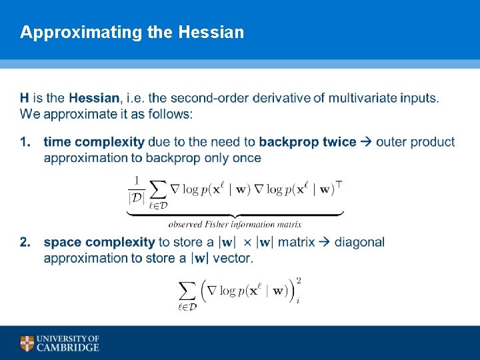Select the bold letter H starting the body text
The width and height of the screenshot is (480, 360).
[x=25, y=98]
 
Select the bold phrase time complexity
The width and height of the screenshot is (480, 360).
[x=93, y=142]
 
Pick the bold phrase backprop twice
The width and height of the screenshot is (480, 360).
[x=307, y=142]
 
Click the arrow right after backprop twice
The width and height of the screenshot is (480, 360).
[x=366, y=142]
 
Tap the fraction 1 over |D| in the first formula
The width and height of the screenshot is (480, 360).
[x=136, y=189]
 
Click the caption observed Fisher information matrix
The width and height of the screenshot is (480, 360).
[x=235, y=224]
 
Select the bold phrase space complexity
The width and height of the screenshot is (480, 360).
[x=99, y=242]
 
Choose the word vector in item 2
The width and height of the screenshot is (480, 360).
[x=231, y=258]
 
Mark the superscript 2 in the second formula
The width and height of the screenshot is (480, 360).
[x=298, y=281]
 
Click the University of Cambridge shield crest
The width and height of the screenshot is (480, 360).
[x=27, y=343]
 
